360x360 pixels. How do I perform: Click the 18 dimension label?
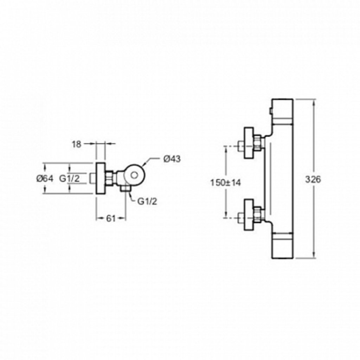point(77,144)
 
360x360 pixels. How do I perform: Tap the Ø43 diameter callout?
point(172,159)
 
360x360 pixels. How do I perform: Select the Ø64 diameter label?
point(45,178)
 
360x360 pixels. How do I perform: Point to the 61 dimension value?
point(111,219)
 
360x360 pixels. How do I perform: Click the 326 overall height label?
point(313,179)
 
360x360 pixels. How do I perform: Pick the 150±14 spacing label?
point(225,183)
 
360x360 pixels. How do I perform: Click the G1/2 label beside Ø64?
point(70,178)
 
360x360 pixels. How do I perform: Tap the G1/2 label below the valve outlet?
point(147,201)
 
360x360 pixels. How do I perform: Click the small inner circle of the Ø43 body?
point(134,175)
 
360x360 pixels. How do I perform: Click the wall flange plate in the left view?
point(101,178)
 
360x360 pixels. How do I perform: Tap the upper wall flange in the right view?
point(249,143)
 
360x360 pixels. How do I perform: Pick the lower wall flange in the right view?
point(249,214)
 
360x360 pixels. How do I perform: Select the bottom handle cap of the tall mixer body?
point(282,246)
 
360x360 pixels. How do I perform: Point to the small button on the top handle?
point(271,111)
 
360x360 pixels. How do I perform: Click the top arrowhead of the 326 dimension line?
point(314,102)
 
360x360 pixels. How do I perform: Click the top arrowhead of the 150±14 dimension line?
point(226,149)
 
